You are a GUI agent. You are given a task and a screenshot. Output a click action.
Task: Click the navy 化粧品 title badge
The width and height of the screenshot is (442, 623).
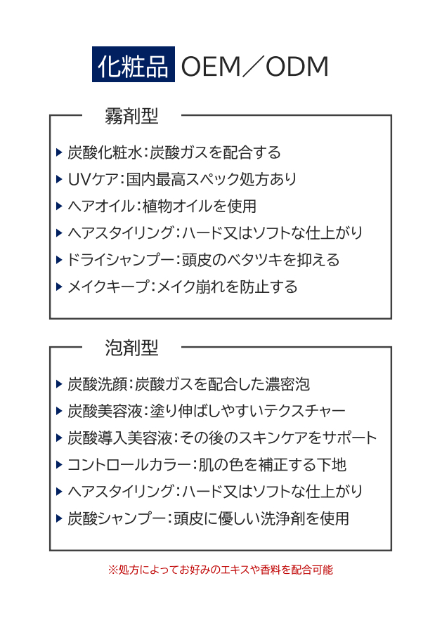click(133, 65)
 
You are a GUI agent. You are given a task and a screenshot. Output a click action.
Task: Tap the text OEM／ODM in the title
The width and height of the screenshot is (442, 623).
click(255, 66)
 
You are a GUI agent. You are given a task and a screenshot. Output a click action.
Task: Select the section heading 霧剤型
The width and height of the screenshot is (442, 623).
click(131, 116)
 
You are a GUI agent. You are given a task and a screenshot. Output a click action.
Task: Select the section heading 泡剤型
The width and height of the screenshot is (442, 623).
click(131, 348)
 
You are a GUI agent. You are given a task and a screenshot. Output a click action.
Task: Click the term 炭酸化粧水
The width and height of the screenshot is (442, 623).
click(105, 152)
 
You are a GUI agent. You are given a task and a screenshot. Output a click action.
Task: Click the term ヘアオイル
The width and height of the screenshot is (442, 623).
click(101, 206)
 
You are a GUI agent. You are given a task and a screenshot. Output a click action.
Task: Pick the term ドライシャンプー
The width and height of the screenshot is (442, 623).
click(120, 260)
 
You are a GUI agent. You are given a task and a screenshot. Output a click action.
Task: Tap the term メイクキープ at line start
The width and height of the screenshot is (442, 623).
click(108, 287)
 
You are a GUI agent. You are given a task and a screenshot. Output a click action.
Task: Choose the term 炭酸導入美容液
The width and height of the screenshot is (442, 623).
click(119, 438)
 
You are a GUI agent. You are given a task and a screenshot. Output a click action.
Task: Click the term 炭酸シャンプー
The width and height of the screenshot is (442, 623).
click(117, 518)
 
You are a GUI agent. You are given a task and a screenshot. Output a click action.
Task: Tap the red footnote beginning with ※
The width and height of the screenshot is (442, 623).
click(221, 570)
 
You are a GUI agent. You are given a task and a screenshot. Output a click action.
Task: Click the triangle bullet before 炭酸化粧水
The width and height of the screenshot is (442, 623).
click(59, 152)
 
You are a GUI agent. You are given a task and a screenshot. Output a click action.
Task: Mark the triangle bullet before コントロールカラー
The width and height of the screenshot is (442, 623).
click(59, 465)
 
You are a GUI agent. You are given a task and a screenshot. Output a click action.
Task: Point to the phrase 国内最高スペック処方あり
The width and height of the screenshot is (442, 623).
click(212, 180)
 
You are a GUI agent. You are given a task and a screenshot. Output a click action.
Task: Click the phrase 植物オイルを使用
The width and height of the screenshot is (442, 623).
click(199, 206)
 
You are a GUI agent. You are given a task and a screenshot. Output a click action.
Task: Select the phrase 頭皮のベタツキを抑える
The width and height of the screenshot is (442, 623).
click(261, 260)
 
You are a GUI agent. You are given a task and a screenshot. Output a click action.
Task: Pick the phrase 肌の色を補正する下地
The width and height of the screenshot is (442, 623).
click(272, 465)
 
